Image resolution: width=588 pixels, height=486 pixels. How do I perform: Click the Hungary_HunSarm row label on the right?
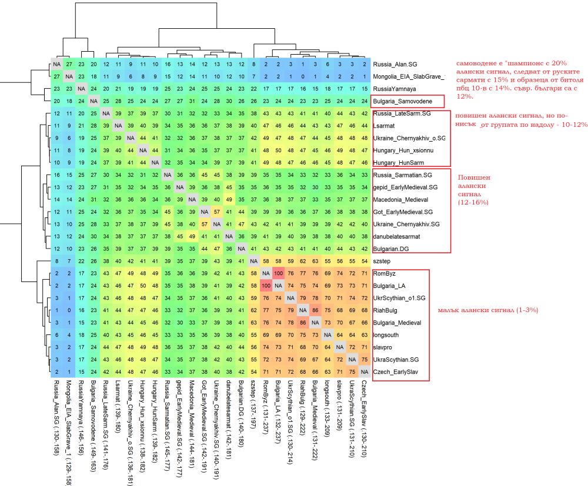pyautogui.click(x=399, y=162)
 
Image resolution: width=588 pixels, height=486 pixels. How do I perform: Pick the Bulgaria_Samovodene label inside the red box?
pyautogui.click(x=403, y=101)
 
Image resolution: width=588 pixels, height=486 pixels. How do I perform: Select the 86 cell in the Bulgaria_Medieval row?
pyautogui.click(x=303, y=322)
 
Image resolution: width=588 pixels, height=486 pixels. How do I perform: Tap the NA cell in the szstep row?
pyautogui.click(x=254, y=260)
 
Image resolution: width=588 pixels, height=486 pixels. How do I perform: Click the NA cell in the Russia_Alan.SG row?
pyautogui.click(x=57, y=64)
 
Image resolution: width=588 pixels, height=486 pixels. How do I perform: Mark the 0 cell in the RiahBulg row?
pyautogui.click(x=69, y=310)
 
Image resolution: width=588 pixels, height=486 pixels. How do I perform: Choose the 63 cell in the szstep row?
pyautogui.click(x=315, y=260)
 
